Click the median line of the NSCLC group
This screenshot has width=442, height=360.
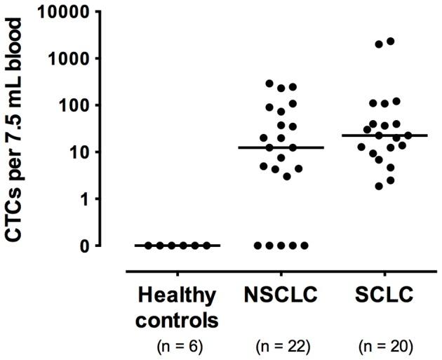281,147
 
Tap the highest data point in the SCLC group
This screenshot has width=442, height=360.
391,41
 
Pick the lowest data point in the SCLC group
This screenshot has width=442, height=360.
379,186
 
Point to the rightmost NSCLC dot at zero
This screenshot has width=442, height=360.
304,246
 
